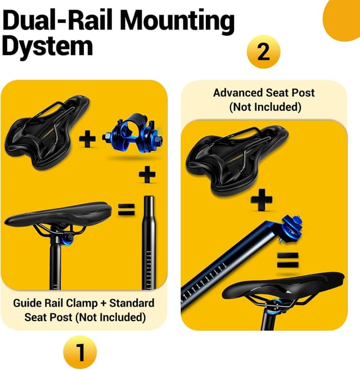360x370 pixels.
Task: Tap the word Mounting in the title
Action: point(177,21)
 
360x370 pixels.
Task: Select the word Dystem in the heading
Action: point(47,46)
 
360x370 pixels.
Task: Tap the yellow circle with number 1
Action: point(80,353)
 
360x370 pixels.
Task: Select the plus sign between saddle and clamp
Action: point(87,138)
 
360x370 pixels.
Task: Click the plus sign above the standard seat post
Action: point(147,175)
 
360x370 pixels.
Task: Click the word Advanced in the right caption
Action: point(236,93)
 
